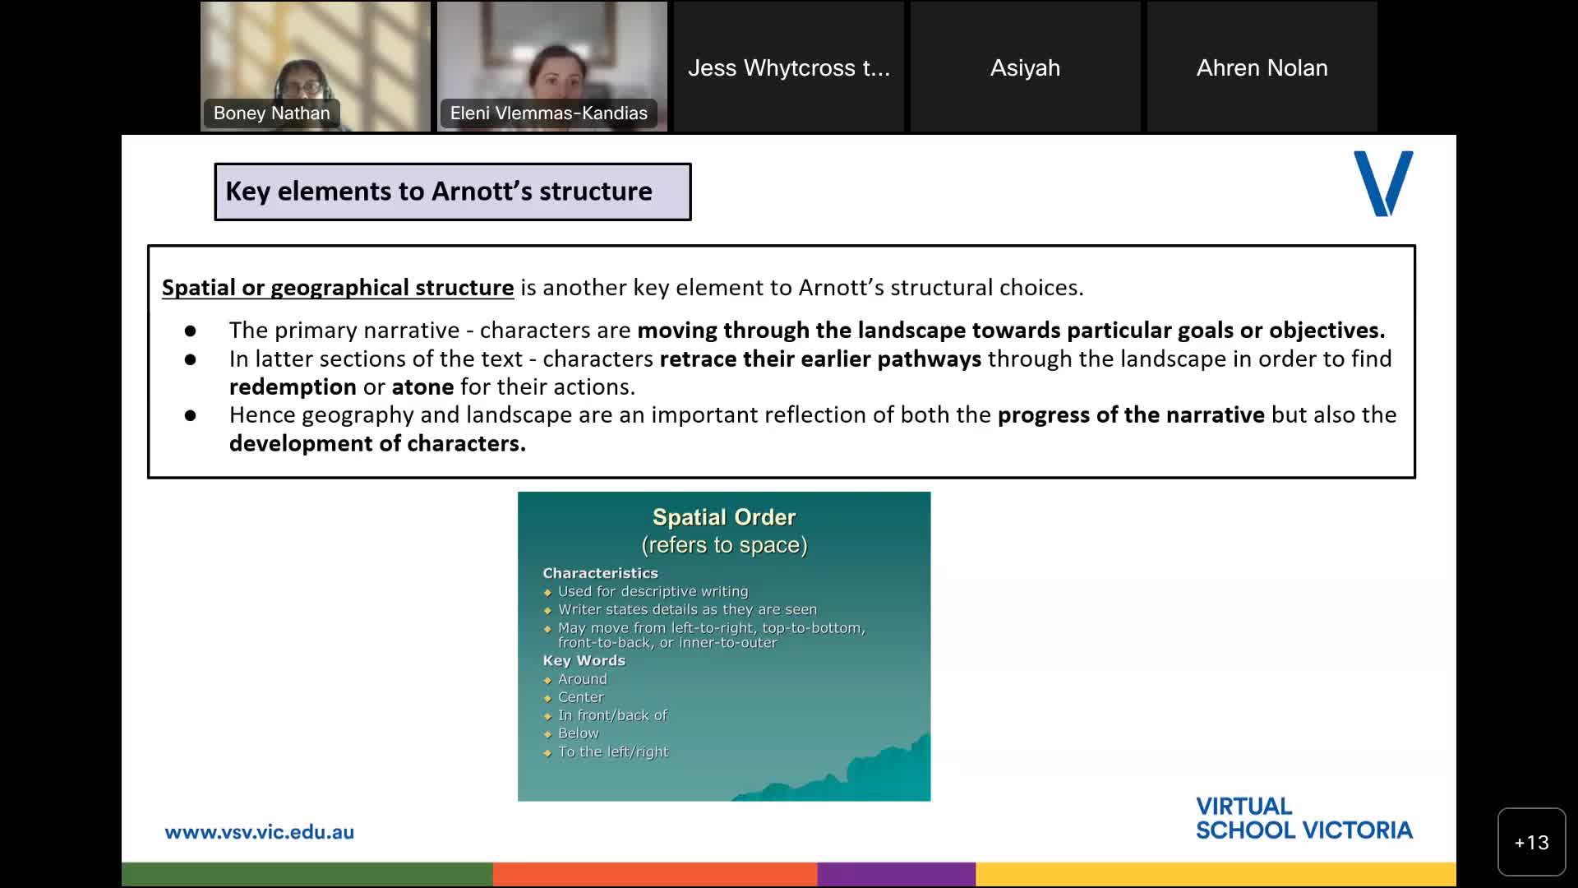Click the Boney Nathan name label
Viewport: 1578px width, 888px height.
(x=271, y=113)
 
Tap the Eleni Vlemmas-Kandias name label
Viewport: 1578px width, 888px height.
(x=548, y=113)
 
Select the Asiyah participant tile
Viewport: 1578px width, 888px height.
(x=1025, y=67)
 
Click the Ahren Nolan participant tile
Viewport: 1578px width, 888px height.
(x=1262, y=67)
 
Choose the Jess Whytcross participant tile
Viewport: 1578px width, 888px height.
(x=788, y=67)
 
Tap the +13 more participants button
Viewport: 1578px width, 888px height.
(x=1531, y=842)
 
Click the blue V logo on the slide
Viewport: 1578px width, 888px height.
(x=1383, y=183)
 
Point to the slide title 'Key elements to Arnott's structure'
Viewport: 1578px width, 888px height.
(x=439, y=192)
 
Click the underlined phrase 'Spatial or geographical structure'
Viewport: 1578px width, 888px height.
(x=338, y=288)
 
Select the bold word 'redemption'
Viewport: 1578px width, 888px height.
(x=293, y=386)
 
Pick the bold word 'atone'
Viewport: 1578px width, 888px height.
(x=422, y=386)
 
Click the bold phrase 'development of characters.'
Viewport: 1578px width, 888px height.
(x=377, y=443)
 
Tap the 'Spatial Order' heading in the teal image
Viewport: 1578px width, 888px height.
(x=724, y=517)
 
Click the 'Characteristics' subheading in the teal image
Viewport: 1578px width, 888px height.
(x=600, y=573)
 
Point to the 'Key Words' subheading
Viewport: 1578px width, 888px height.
(x=584, y=660)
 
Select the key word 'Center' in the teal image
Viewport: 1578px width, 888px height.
(x=580, y=697)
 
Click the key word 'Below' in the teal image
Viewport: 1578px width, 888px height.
(x=578, y=733)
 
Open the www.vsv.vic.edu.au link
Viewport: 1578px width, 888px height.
(x=259, y=832)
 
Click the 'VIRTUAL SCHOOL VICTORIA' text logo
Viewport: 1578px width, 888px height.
(x=1303, y=818)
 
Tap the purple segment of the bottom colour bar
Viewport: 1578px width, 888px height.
(x=896, y=874)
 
